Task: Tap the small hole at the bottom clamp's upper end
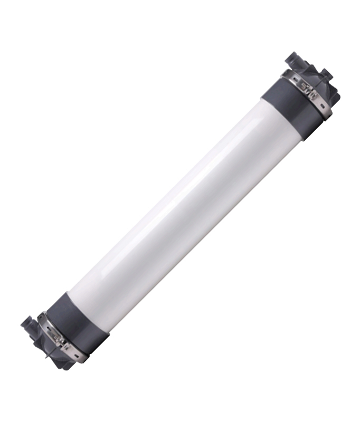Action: [x=41, y=316]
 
